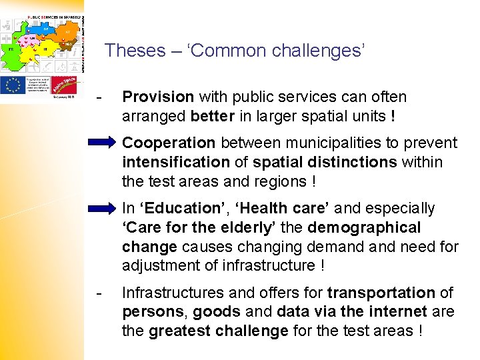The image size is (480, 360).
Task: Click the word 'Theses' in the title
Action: point(135,51)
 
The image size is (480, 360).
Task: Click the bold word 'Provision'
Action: point(158,97)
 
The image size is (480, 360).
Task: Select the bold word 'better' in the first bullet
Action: point(212,116)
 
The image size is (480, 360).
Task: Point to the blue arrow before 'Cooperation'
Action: point(102,143)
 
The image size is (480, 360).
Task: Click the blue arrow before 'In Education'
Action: point(102,209)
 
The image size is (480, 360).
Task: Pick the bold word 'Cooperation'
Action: point(169,143)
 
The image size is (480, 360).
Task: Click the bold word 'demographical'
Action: point(365,228)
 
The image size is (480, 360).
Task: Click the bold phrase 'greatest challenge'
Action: point(218,331)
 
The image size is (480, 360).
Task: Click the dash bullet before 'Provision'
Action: point(99,97)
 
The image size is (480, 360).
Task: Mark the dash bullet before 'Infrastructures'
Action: point(99,293)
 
